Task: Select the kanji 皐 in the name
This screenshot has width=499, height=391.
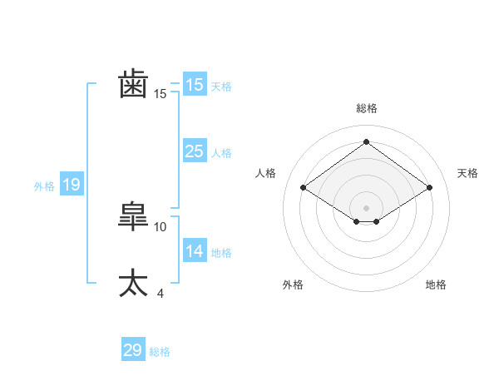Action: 134,216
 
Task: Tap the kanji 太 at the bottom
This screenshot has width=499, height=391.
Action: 134,283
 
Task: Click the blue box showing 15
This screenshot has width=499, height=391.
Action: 194,85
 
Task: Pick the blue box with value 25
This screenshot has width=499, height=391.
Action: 194,151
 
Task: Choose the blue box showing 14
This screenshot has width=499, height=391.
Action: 194,251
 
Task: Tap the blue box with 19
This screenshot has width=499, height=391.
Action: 72,185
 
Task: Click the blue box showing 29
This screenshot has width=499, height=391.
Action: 133,350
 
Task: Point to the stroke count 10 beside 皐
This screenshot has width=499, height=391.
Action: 161,226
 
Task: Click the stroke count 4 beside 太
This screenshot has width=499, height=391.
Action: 160,293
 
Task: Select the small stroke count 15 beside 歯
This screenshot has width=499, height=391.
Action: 161,94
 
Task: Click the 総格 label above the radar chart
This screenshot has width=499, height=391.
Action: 366,108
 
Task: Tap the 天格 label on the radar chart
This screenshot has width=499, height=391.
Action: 467,173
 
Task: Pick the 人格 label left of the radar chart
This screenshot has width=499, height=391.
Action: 265,173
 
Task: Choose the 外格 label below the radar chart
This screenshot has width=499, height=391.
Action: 293,285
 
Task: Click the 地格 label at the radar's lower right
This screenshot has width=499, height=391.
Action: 436,285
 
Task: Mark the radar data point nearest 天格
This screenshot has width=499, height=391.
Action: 429,188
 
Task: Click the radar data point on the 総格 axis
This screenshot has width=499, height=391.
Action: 366,141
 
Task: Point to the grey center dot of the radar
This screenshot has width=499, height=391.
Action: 366,206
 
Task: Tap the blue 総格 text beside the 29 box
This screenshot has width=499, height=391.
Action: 160,352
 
